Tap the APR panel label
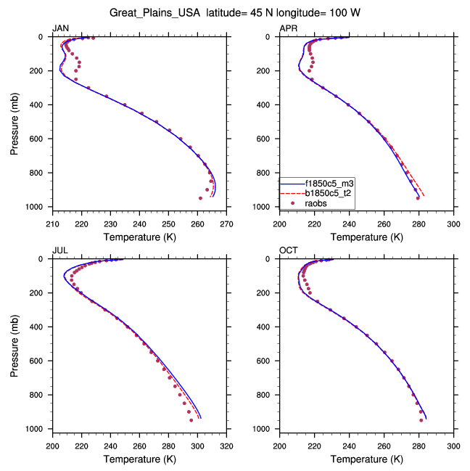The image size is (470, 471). pos(288,28)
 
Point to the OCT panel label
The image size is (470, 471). pos(288,250)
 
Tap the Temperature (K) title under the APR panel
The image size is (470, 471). pos(367,237)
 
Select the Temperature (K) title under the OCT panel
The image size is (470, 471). pos(367,459)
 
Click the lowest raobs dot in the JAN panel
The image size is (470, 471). pos(201,198)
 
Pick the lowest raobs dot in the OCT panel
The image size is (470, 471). pos(421,419)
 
